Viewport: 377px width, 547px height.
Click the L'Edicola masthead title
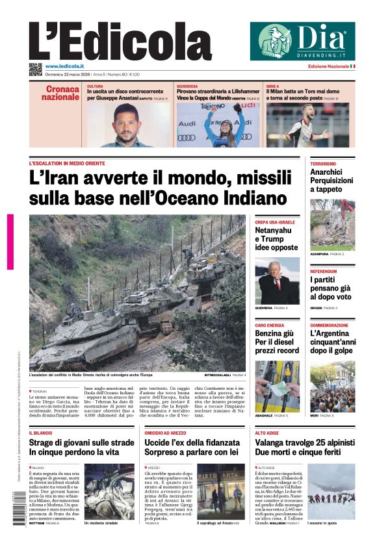120,42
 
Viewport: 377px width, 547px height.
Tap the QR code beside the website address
35,68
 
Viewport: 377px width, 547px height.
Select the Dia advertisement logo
302,41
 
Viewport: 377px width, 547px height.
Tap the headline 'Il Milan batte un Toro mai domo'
302,92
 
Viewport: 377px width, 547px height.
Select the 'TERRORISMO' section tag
323,164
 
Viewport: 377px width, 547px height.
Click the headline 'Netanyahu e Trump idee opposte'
276,238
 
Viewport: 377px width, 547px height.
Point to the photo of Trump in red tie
277,281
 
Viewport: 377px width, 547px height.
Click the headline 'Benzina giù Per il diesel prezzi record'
276,342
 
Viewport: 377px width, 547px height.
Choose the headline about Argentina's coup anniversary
331,342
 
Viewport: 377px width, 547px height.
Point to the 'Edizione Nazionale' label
328,66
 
